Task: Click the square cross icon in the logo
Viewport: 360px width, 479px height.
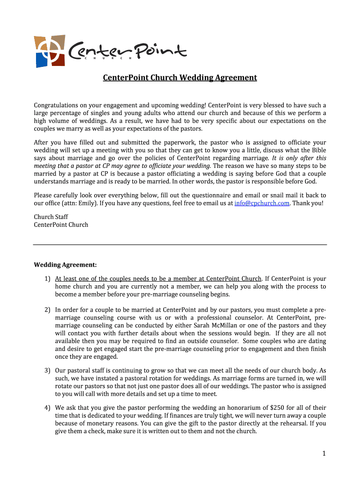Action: point(49,51)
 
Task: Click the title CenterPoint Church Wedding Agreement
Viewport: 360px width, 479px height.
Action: point(180,78)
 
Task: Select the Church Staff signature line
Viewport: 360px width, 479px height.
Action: point(50,217)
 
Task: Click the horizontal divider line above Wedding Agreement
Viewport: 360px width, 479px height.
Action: point(180,245)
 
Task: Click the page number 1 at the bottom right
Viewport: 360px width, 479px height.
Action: point(323,453)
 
